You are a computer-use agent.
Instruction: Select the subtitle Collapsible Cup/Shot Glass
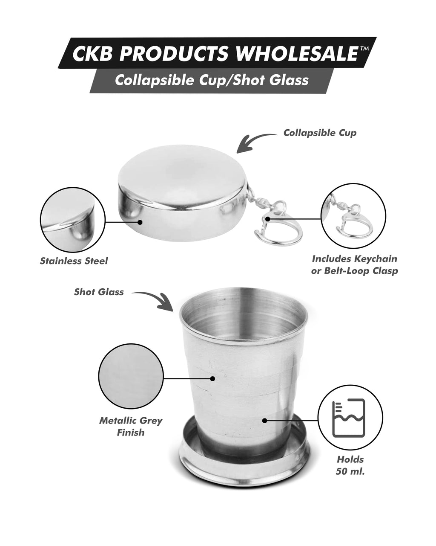212,80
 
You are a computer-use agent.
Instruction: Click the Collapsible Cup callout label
320,133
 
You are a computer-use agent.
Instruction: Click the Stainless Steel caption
74,261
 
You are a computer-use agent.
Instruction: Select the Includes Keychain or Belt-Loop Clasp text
354,264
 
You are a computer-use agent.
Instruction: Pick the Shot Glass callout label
99,292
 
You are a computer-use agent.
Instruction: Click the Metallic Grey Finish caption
131,427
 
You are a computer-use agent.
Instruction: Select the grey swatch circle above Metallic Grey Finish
131,378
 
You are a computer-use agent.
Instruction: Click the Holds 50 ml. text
350,465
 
